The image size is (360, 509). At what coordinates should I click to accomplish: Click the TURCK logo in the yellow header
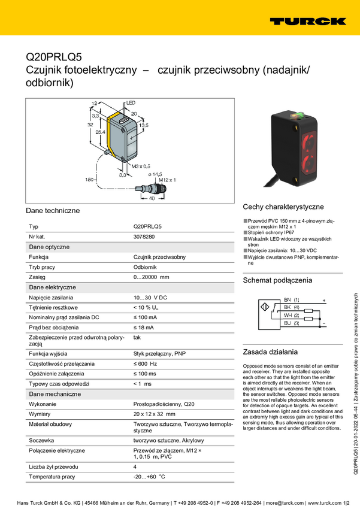tap(307, 21)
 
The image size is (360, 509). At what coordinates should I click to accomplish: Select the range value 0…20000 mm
tap(151, 277)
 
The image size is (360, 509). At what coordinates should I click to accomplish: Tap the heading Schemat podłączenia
tap(277, 280)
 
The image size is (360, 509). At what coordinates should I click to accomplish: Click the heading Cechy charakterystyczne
tap(283, 207)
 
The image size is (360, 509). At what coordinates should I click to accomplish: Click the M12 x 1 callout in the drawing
tap(167, 180)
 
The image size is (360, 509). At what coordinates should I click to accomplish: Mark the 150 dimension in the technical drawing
tap(90, 179)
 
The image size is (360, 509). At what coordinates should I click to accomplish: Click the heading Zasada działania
tap(270, 352)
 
